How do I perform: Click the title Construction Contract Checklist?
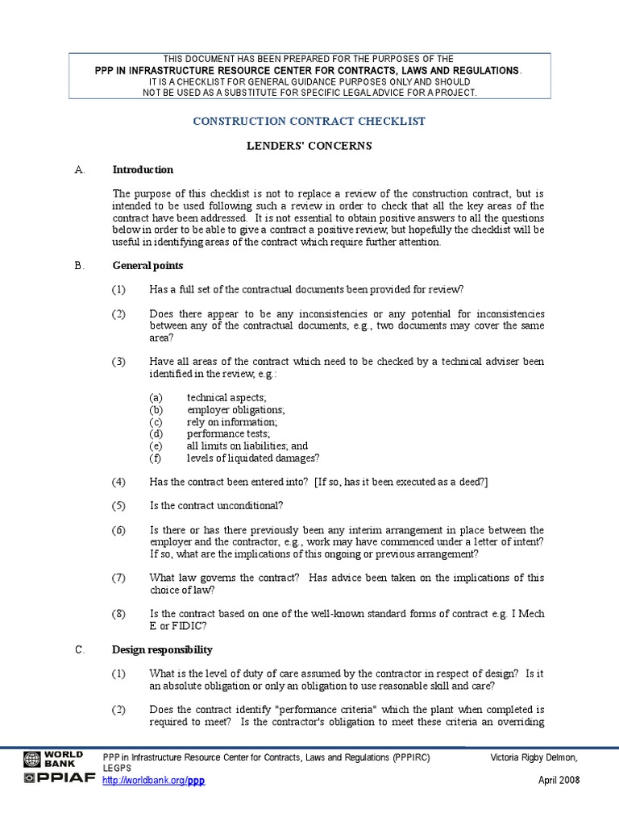(309, 121)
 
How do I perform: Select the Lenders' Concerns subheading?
(309, 146)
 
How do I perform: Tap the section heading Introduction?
(143, 170)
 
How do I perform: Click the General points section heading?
(147, 265)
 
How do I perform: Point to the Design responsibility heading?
(162, 649)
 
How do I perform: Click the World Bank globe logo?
(31, 759)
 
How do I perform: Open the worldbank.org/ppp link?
(154, 781)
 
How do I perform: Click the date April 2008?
(559, 781)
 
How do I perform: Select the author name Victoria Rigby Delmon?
(535, 759)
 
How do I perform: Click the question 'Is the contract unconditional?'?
(216, 506)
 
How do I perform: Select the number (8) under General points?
(119, 613)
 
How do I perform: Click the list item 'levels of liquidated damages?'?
(253, 458)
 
